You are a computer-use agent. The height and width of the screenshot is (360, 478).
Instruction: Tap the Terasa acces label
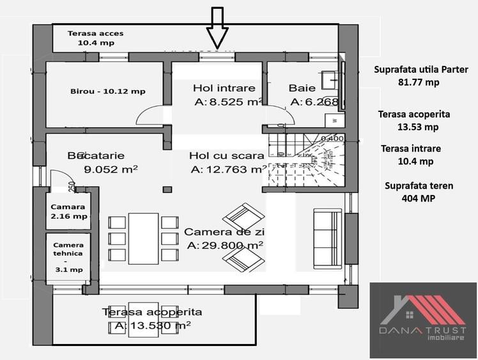point(96,38)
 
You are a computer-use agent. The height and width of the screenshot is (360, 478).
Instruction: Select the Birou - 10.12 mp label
point(107,91)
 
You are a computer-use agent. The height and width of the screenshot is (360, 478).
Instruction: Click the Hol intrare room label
point(224,95)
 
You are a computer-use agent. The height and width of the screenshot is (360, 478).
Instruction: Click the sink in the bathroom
point(332,79)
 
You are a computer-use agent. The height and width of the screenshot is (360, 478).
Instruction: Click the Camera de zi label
point(224,238)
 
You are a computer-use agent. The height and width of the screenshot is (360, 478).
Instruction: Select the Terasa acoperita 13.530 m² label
point(152,318)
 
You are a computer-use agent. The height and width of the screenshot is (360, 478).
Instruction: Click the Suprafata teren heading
point(419,186)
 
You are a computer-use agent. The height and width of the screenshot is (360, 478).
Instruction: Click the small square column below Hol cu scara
point(167,189)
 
